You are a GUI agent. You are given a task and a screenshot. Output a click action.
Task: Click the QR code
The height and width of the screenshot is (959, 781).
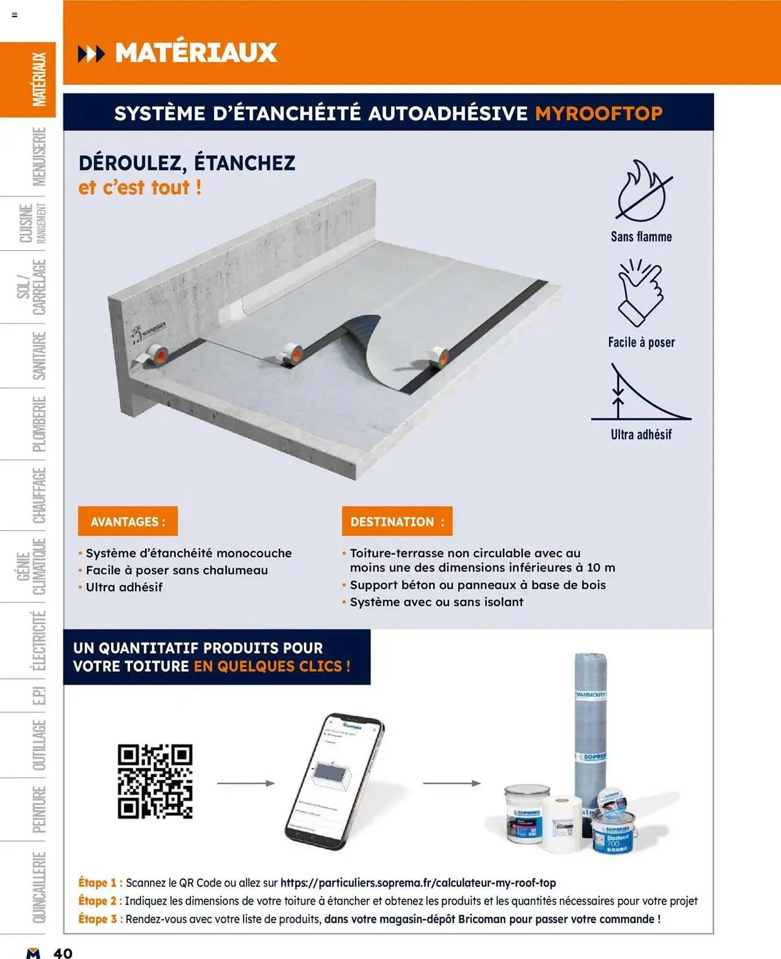point(155,781)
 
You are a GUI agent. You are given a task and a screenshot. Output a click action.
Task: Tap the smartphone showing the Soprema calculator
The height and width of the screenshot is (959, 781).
point(334,782)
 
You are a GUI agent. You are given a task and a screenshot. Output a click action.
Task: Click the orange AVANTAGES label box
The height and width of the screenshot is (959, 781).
point(127,521)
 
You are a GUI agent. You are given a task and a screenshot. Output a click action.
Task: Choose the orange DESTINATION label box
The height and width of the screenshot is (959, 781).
point(397,521)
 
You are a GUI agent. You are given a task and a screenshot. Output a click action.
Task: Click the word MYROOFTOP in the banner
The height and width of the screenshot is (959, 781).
point(598,114)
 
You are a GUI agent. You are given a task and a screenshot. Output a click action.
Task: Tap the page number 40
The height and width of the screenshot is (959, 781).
point(63,952)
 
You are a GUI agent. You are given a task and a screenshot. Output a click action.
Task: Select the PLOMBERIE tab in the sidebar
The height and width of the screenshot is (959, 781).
point(38,424)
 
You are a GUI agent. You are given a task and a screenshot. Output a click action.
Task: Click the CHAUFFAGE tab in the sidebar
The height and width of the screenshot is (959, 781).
point(38,495)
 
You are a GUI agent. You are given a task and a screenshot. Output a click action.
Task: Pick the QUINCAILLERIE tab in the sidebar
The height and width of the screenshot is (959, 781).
point(38,887)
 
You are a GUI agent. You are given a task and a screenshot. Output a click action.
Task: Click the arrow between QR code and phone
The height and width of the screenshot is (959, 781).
point(246,783)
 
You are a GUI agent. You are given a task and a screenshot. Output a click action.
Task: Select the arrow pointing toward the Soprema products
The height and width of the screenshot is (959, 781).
point(451,783)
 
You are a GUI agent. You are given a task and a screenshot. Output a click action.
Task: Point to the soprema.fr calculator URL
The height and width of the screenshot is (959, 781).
point(418,883)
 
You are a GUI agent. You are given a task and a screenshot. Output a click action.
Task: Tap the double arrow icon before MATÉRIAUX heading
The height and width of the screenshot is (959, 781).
point(91,54)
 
